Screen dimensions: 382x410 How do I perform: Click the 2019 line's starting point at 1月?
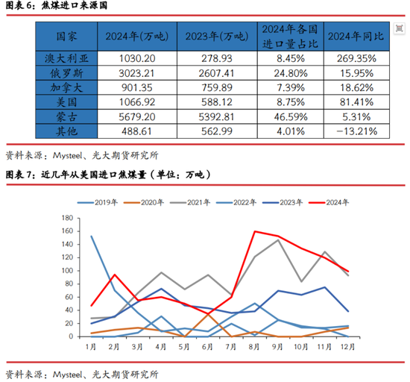92,236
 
